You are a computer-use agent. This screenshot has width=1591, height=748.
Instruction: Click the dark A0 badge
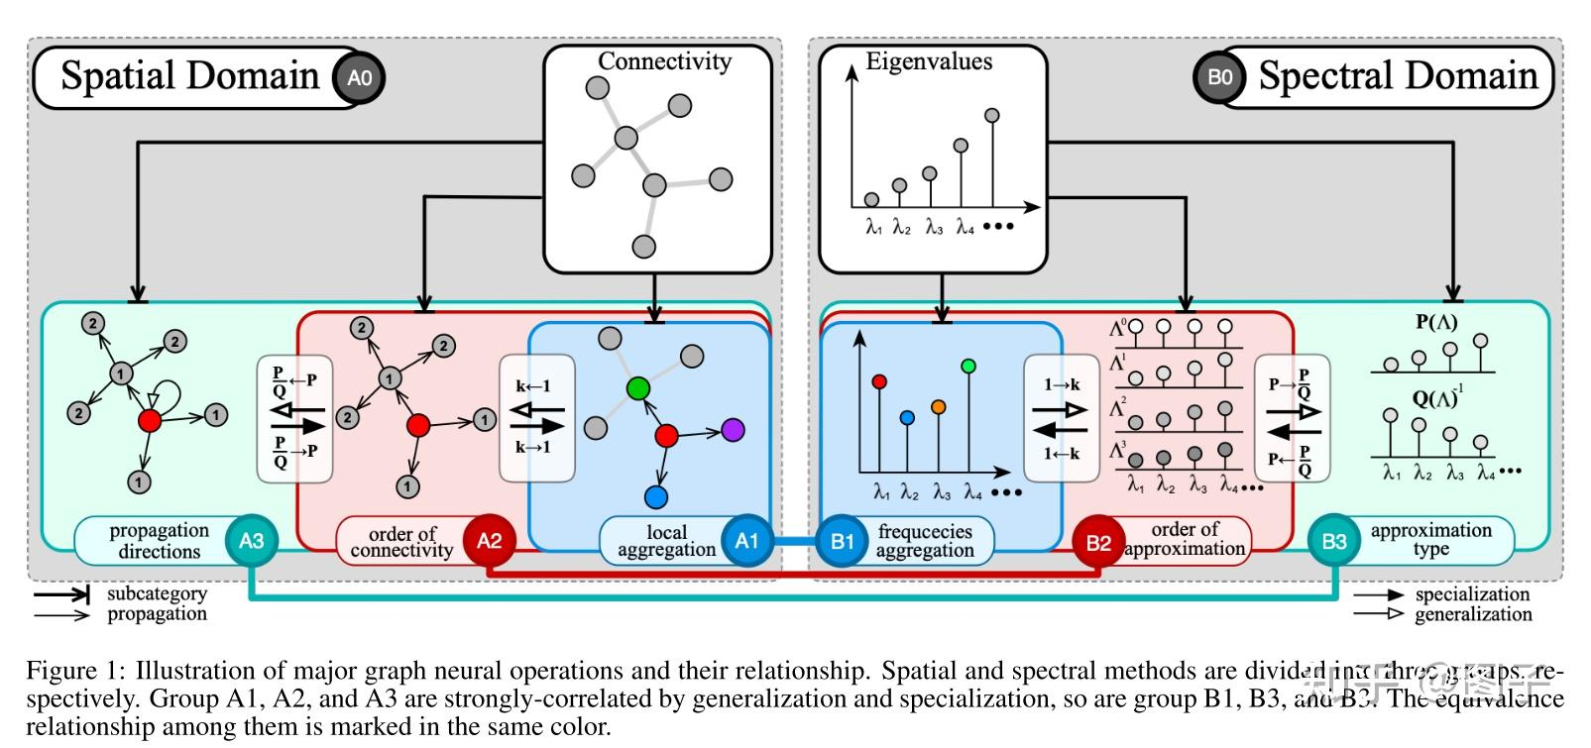(359, 77)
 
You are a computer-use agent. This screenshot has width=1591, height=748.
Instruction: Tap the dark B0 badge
(1219, 77)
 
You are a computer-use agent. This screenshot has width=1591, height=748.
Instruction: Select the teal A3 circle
(251, 541)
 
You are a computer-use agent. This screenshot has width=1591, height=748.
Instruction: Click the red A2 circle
(489, 541)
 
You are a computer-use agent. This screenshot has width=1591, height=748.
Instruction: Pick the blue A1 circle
(745, 541)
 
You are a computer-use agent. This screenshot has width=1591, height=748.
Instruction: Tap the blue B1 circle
(842, 541)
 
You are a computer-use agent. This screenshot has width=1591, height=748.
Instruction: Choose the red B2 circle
(1098, 542)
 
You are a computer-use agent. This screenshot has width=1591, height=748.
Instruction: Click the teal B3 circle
(1334, 541)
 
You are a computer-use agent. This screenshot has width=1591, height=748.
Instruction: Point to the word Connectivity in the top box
(664, 61)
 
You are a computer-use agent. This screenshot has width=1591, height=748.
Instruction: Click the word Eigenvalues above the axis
(929, 61)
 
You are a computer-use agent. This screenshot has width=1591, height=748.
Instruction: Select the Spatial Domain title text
(189, 76)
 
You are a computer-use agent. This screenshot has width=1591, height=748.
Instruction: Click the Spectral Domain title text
(1398, 76)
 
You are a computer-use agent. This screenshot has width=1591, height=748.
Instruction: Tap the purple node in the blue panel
(733, 429)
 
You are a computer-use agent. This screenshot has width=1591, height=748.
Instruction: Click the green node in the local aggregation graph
(638, 386)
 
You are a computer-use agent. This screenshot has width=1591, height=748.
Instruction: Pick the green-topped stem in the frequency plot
(968, 367)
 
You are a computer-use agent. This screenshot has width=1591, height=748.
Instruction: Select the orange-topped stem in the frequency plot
(939, 406)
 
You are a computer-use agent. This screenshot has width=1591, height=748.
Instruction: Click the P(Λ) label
(1436, 321)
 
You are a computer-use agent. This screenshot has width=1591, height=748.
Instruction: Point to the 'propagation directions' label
(159, 541)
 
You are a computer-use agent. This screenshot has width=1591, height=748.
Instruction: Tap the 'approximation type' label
(1430, 540)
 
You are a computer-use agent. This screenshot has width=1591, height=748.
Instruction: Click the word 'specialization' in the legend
(1472, 594)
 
